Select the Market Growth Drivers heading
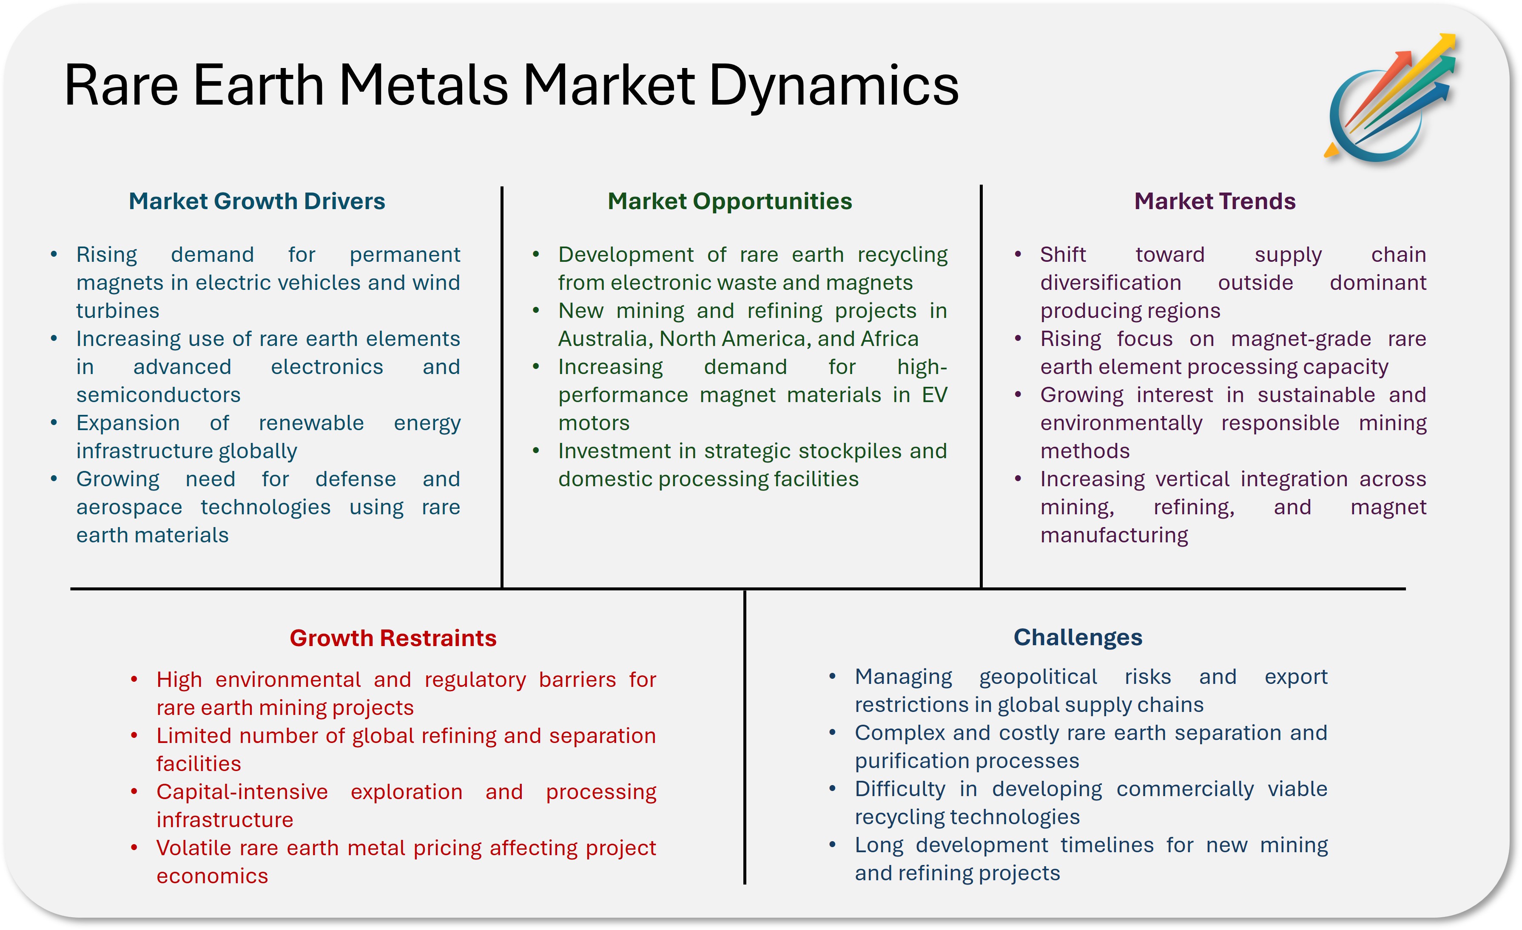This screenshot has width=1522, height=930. coord(256,201)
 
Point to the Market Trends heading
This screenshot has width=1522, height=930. coord(1215,201)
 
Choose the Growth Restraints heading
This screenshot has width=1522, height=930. coord(393,638)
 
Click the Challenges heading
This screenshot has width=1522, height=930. coord(1078,637)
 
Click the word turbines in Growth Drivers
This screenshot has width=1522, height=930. coord(117,311)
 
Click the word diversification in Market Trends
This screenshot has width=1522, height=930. coord(1110,283)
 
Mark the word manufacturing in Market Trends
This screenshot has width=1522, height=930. coord(1114,536)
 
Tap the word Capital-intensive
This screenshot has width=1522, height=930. coord(242,792)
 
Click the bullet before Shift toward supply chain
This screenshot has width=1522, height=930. coord(1017,255)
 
